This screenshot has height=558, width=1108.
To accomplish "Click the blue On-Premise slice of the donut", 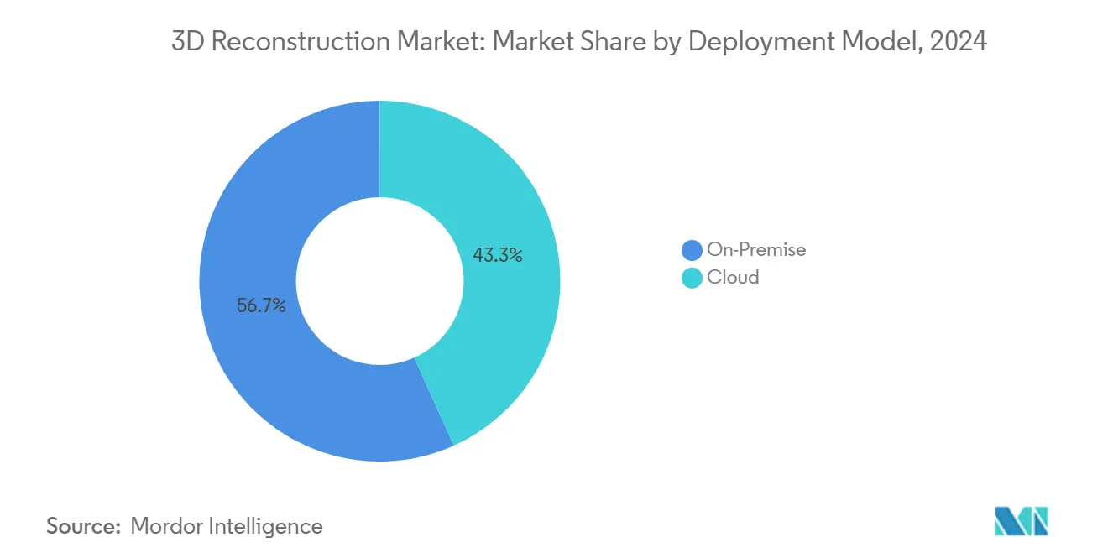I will tap(252, 369).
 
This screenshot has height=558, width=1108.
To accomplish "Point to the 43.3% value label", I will tap(498, 255).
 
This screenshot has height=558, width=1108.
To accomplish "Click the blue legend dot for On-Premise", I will tap(692, 250).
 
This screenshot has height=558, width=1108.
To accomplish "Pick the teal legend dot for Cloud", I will tap(692, 278).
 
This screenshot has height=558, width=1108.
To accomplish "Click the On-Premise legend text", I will tap(755, 249).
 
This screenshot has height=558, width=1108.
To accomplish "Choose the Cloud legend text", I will tap(733, 277).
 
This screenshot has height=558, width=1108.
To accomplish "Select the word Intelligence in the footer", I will tap(269, 526).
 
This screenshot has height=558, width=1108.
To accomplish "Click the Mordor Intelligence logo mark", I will tap(1021, 521).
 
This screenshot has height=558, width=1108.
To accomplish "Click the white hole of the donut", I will tap(379, 281).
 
